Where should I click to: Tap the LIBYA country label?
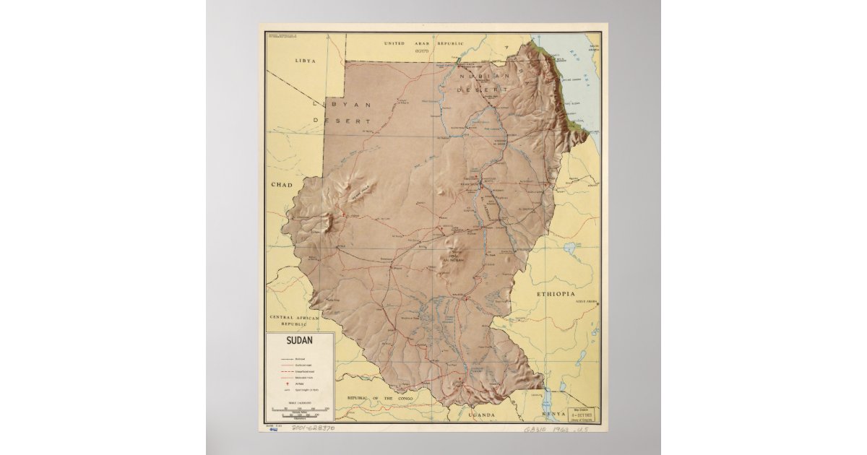[x=306, y=61]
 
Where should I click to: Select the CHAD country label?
[x=282, y=185]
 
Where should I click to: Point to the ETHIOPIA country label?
[x=555, y=295]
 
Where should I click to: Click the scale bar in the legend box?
[x=300, y=410]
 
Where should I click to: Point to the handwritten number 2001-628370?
[x=312, y=428]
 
